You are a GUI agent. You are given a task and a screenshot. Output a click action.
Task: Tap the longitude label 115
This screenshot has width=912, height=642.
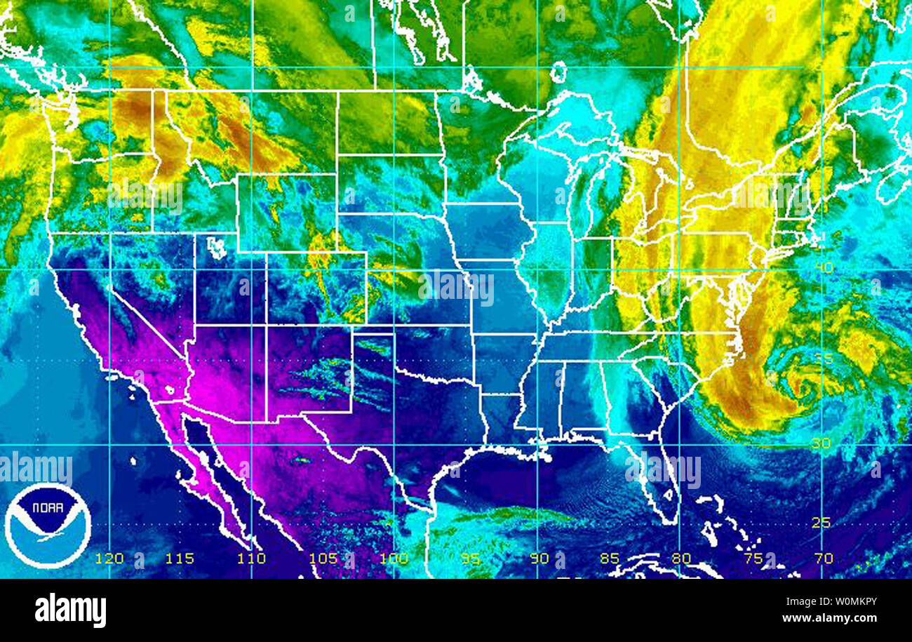click(181, 559)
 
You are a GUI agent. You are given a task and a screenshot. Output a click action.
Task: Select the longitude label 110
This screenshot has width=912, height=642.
click(252, 559)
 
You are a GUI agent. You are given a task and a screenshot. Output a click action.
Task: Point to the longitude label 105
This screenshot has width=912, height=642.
click(323, 559)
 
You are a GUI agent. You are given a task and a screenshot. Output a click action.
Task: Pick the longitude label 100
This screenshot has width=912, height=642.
click(394, 559)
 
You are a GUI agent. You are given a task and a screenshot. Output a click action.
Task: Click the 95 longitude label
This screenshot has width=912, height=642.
click(471, 559)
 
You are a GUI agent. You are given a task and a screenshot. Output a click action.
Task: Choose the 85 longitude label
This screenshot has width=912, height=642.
click(609, 559)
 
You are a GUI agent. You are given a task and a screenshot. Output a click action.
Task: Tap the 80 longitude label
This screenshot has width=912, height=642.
click(680, 559)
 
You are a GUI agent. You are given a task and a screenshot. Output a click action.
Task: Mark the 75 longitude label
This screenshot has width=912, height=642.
click(753, 559)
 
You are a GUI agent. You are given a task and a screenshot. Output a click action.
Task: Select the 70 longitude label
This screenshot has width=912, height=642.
click(824, 559)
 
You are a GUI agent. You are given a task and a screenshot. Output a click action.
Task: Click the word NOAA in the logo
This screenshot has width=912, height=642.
click(48, 507)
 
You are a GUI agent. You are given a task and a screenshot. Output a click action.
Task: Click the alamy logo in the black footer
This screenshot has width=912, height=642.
click(70, 610)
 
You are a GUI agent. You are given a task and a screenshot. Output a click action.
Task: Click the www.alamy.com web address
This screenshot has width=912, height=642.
click(838, 617)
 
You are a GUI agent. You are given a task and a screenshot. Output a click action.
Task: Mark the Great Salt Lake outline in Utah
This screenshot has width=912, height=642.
click(217, 246)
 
